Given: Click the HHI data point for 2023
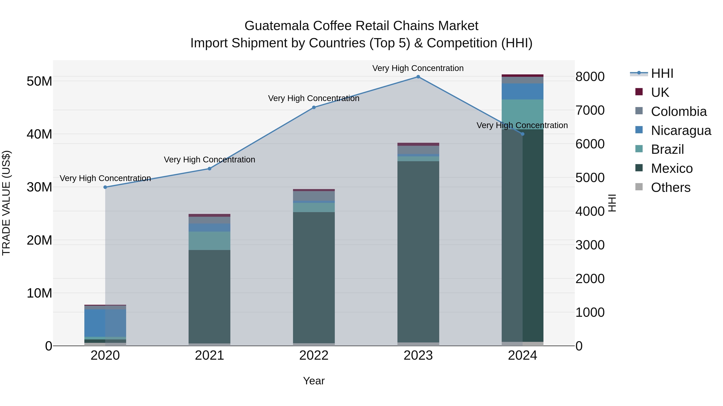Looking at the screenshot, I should click(418, 77).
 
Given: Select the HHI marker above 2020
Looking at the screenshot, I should click(105, 187).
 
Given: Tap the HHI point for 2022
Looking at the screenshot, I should click(314, 107).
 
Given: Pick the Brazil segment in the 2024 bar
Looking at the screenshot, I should click(522, 114).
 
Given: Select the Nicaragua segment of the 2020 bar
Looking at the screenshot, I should click(105, 323).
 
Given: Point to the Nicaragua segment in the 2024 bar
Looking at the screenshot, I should click(522, 91).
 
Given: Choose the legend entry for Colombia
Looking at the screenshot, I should click(678, 111).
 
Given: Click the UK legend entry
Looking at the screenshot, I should click(660, 92).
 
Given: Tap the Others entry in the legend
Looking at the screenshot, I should click(670, 187).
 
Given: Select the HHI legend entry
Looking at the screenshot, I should click(662, 73).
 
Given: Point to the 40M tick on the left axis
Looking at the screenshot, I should click(39, 134).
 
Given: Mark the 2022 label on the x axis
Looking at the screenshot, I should click(314, 355).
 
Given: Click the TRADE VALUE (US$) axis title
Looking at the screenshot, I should click(6, 203).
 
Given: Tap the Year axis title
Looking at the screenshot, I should click(314, 381).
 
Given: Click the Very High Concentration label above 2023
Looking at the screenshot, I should click(418, 68).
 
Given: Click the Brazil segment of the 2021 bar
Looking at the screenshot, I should click(209, 241).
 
